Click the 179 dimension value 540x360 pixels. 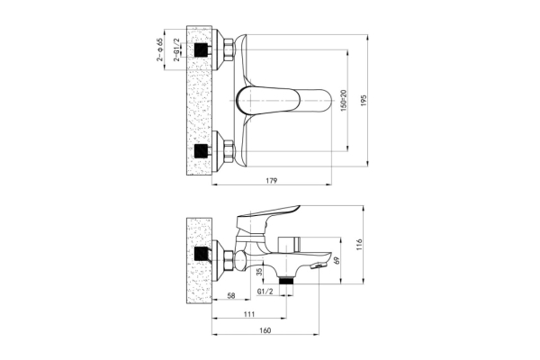pos(272,181)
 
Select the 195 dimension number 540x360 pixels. pos(364,100)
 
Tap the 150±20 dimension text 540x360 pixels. pos(344,100)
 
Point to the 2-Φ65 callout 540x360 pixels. pos(160,49)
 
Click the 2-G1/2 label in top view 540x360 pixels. pos(176,49)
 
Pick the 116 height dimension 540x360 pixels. pos(359,245)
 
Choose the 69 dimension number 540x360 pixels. pos(337,260)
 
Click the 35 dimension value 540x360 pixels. pos(260,272)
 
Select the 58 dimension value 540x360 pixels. pos(231,295)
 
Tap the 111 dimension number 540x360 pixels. pos(249,314)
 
